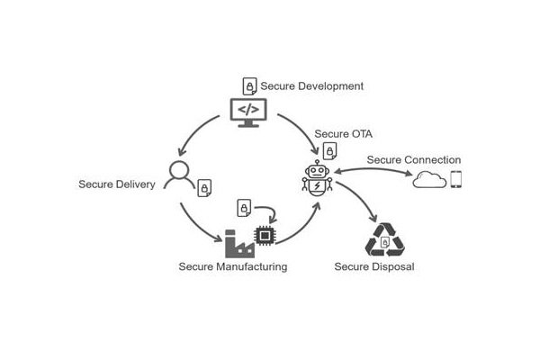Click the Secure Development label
point(311,86)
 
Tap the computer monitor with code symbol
point(248,112)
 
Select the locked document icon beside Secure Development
point(249,86)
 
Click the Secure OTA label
point(344,134)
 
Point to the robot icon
point(317,178)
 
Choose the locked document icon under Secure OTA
point(330,151)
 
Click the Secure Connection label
point(414,160)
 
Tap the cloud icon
point(429,179)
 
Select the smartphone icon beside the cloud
point(456,179)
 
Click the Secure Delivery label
point(117,184)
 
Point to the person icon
point(179,175)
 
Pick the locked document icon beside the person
point(204,188)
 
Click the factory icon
point(239,244)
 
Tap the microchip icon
point(265,236)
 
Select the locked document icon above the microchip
point(244,208)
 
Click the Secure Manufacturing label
point(233,266)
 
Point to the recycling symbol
point(384,240)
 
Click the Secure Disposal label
point(374,266)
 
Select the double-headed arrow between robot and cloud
point(373,169)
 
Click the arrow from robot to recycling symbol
point(360,197)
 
